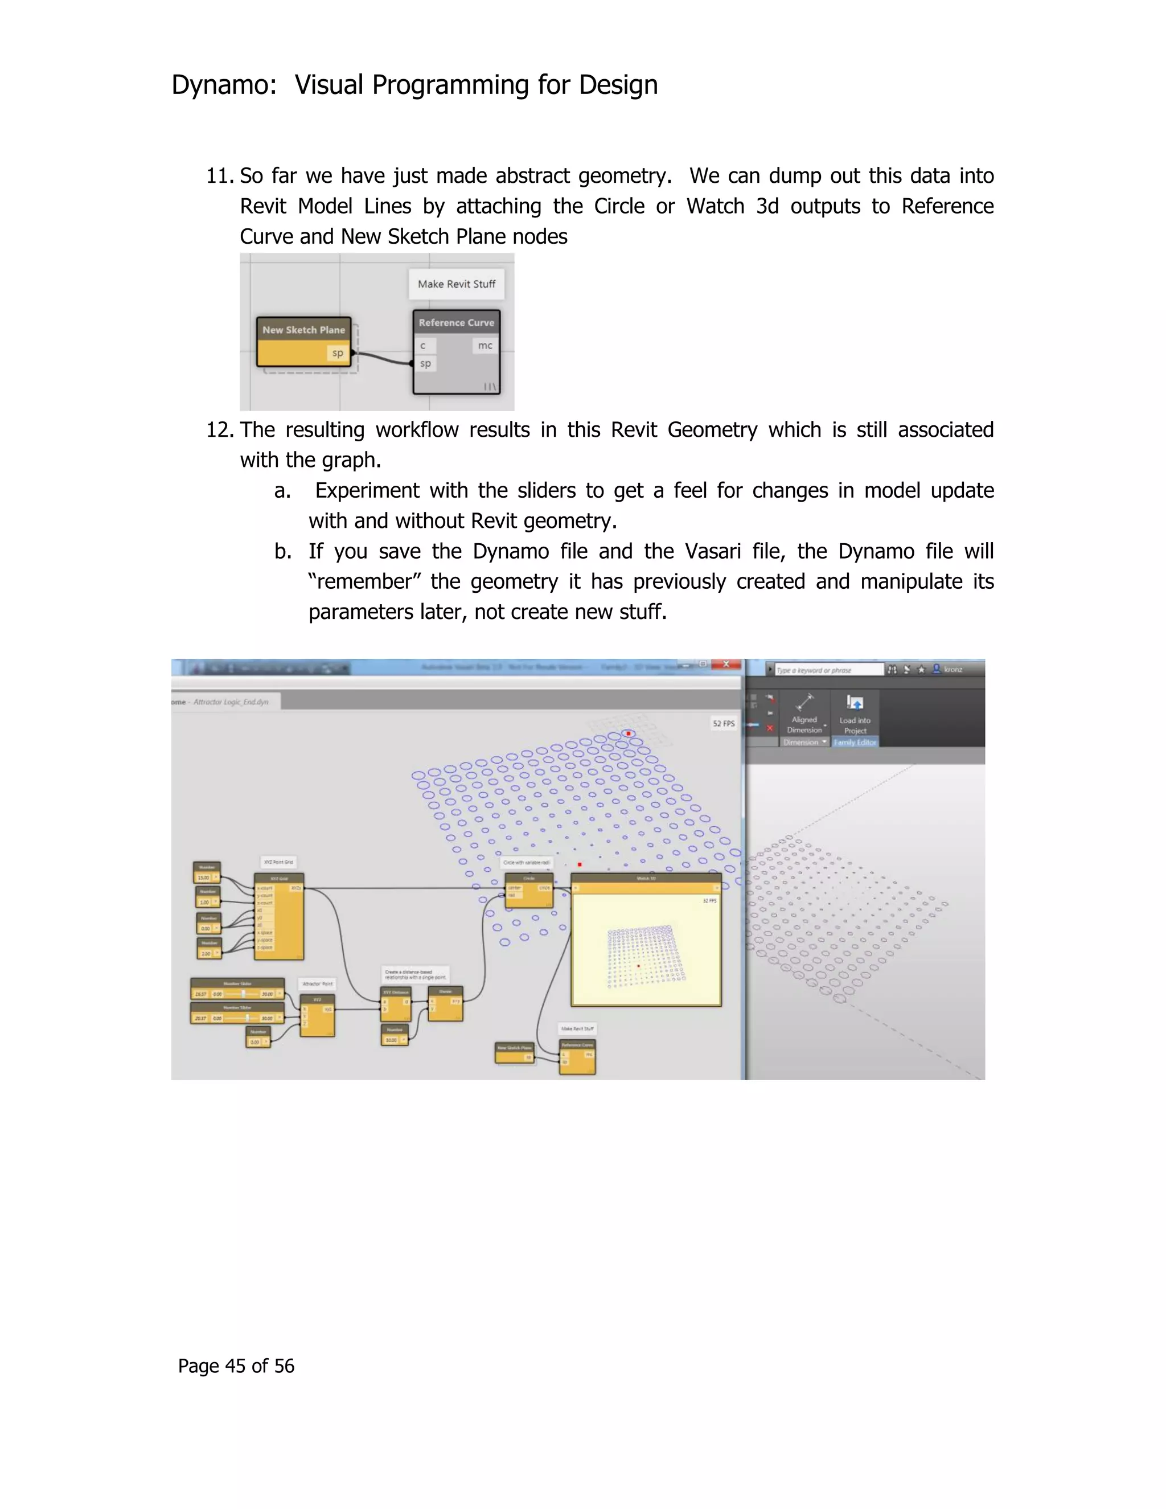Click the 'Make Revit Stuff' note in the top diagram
456,284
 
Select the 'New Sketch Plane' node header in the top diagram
303,330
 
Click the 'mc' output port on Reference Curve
485,346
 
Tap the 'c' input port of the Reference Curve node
424,346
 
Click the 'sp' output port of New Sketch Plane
337,353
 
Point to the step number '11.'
220,176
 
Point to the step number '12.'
220,430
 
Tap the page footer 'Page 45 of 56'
236,1366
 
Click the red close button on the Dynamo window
726,665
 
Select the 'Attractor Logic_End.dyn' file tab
231,702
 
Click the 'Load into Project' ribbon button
855,715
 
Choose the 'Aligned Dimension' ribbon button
804,715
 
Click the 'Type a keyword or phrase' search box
827,670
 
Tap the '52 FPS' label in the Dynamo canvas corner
723,723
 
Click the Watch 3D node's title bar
646,878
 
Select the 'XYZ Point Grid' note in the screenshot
278,862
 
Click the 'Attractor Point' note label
317,983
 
